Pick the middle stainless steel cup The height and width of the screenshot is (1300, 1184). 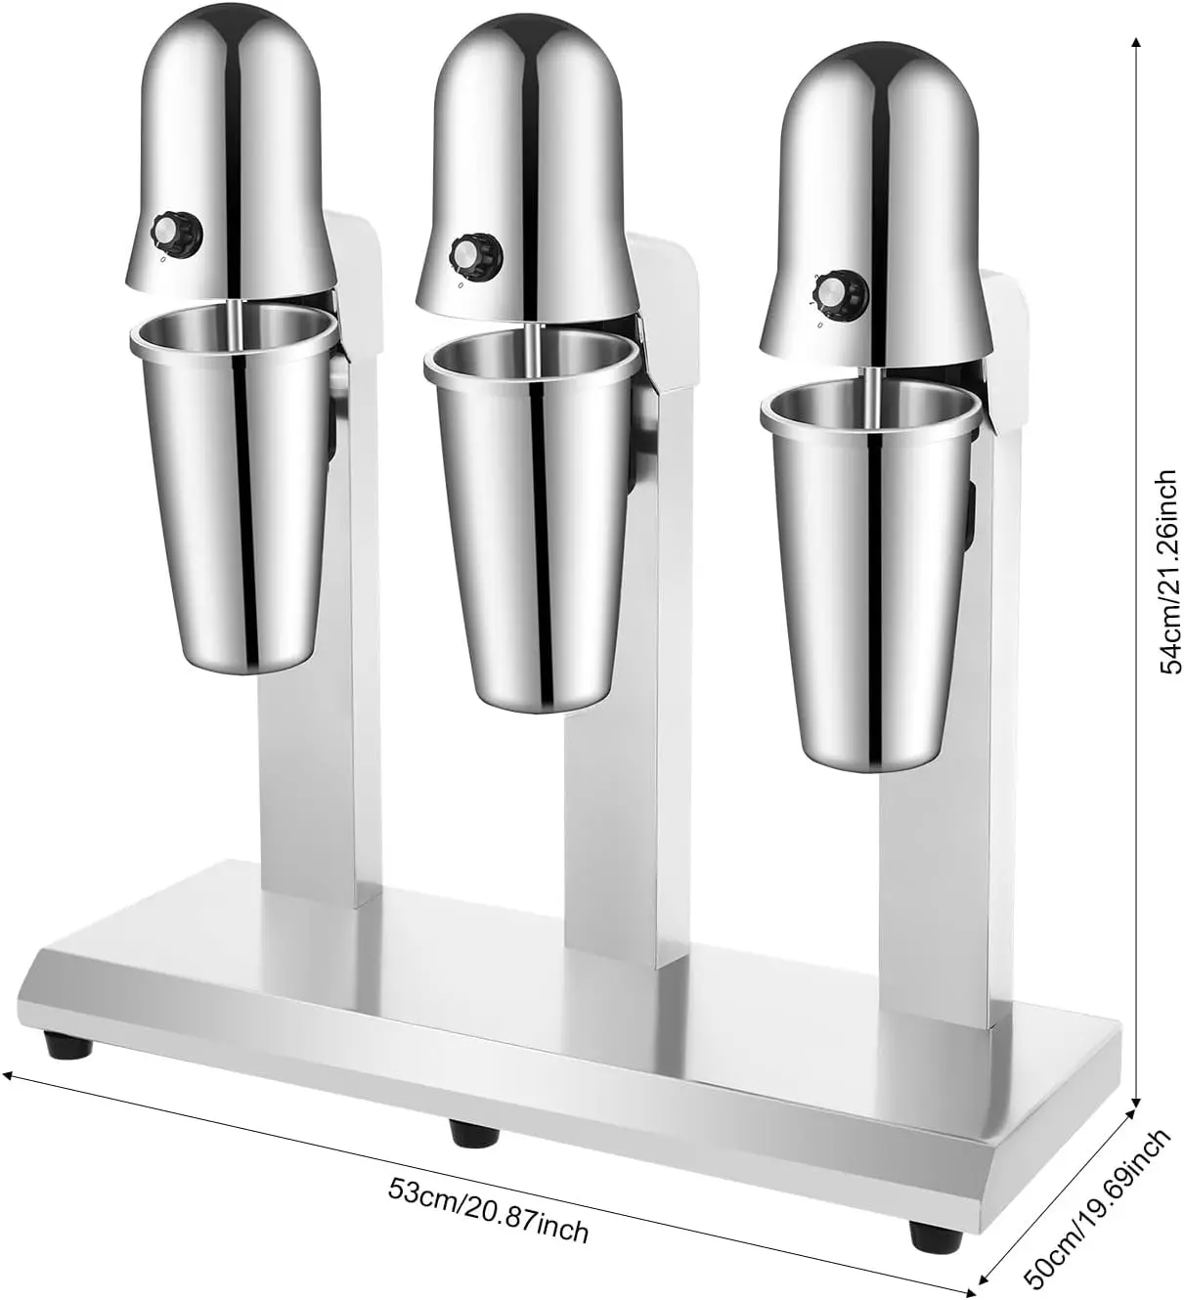click(x=527, y=529)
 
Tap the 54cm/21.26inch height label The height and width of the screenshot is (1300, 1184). click(x=1166, y=571)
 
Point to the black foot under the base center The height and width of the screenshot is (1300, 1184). click(x=475, y=1132)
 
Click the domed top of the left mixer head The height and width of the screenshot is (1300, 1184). click(x=229, y=59)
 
